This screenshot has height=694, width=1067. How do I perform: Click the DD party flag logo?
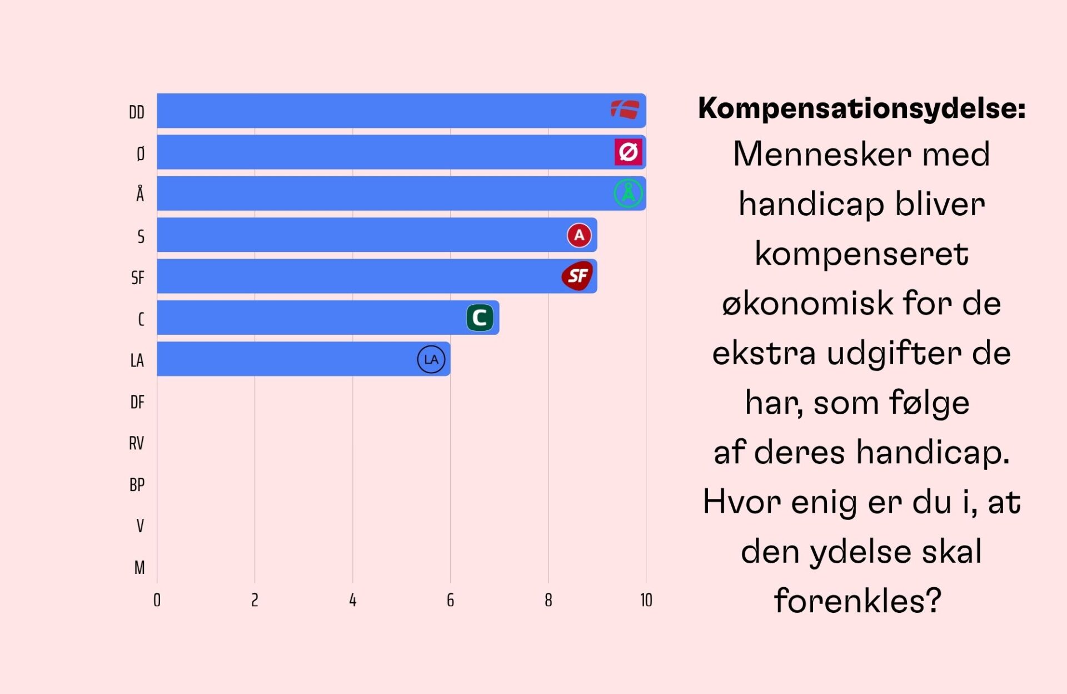click(625, 110)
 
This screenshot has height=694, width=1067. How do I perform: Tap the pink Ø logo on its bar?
click(628, 152)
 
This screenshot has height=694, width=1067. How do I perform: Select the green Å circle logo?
click(628, 193)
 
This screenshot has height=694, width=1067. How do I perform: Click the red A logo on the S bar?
click(579, 235)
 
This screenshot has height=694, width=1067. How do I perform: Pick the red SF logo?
click(577, 276)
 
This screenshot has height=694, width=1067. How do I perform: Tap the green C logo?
click(480, 318)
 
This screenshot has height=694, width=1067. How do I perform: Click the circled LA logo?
click(431, 359)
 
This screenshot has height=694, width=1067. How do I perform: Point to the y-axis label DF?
click(137, 402)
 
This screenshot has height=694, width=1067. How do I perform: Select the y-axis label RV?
click(137, 443)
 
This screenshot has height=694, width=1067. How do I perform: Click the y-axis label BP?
click(137, 485)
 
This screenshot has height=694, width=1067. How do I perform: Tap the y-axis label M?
click(139, 567)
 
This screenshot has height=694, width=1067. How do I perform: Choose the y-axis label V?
click(140, 526)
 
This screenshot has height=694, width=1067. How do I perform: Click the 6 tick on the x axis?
click(450, 600)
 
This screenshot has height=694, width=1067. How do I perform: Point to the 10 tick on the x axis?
click(646, 600)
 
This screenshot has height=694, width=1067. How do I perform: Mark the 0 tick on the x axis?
click(157, 600)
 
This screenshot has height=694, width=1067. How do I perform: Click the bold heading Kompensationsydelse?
click(861, 108)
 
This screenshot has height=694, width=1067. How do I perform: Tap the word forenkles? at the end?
click(857, 601)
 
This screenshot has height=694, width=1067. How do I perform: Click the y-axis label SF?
click(138, 277)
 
